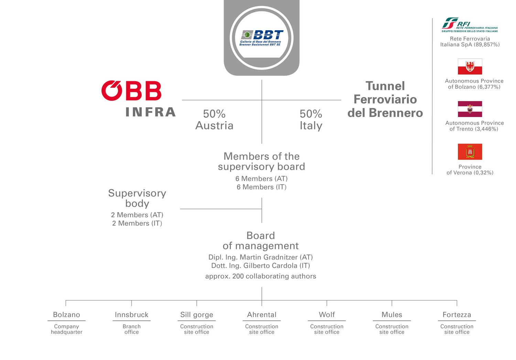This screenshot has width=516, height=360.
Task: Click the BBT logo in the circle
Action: tap(261, 38)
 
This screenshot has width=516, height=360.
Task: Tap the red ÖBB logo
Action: tap(131, 91)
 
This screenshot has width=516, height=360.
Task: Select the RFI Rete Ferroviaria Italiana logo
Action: tap(470, 25)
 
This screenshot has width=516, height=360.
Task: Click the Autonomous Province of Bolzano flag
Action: tap(470, 66)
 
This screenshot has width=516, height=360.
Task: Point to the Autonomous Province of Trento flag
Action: tap(470, 109)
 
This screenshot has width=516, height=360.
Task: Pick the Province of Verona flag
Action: tap(470, 152)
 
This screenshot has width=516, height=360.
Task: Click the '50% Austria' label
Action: tap(214, 120)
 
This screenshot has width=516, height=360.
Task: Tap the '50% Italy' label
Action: tap(311, 120)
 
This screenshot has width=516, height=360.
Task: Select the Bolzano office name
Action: tap(67, 315)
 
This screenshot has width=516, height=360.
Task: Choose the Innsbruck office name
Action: tap(131, 315)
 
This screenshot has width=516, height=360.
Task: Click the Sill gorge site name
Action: tap(196, 315)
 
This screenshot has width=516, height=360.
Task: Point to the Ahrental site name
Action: tap(262, 315)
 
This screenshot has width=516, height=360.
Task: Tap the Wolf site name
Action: tap(327, 315)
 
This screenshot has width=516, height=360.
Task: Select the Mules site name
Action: tap(391, 315)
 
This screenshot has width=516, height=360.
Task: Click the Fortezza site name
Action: tap(457, 315)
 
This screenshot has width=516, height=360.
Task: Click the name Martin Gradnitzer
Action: tap(269, 257)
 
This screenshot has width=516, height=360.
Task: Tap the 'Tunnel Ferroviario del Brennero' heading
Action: tap(385, 99)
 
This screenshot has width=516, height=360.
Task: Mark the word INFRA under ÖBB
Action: tap(151, 112)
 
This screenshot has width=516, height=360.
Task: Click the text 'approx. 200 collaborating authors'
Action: tap(260, 276)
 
